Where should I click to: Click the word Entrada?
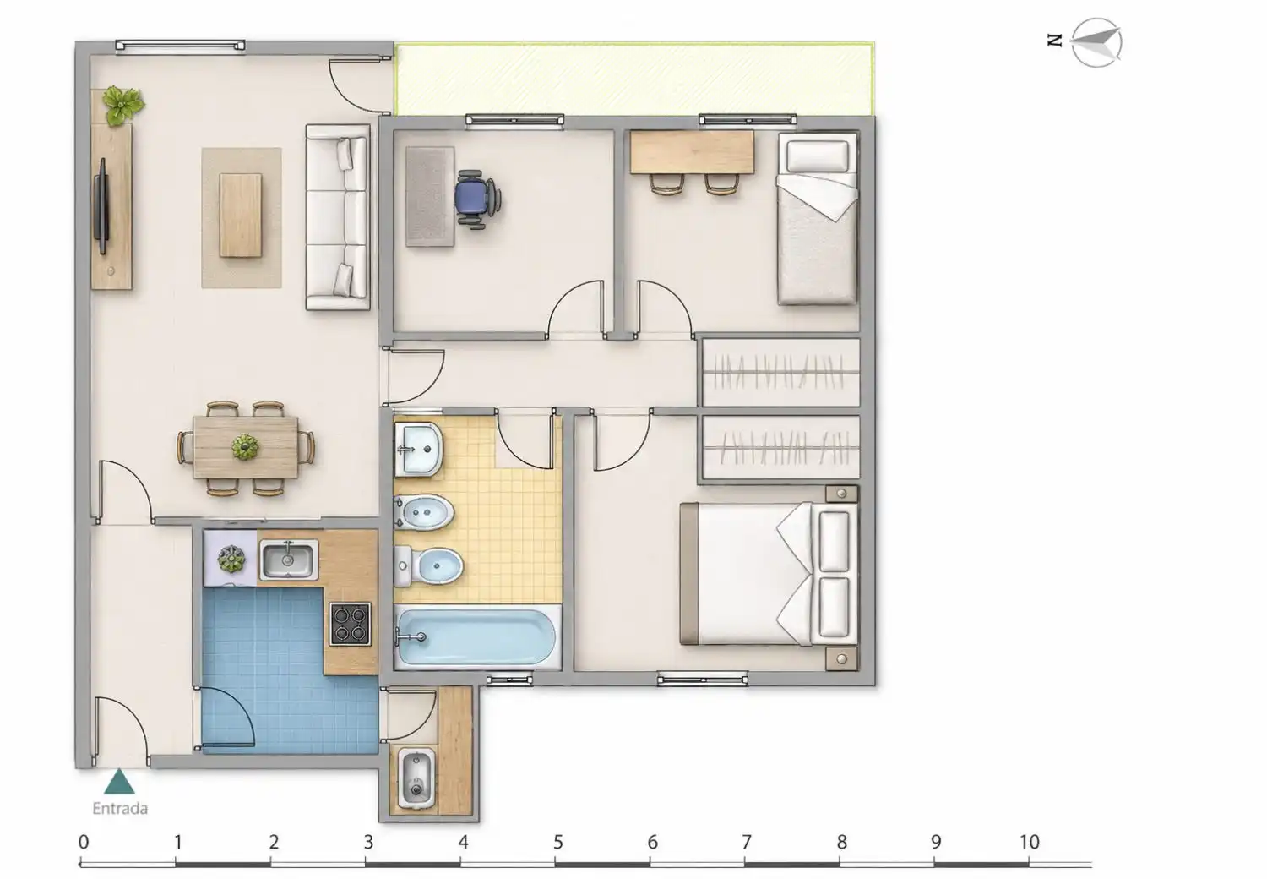click(x=120, y=808)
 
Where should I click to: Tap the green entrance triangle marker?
click(x=119, y=782)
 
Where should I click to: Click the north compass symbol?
click(x=1096, y=42)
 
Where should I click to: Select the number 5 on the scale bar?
click(x=557, y=843)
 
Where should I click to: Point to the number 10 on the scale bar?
click(x=1030, y=843)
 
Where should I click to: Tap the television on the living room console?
click(x=102, y=206)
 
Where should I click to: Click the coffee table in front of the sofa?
click(x=241, y=215)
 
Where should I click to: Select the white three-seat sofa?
click(x=338, y=217)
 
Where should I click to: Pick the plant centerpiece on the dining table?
click(x=245, y=446)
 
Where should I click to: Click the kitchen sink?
click(x=288, y=560)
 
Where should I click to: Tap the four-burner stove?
click(x=351, y=624)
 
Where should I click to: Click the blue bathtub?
click(x=477, y=637)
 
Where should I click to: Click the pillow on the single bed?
click(x=818, y=156)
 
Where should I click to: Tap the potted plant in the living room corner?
click(x=122, y=106)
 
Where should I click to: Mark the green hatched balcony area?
click(x=633, y=79)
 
